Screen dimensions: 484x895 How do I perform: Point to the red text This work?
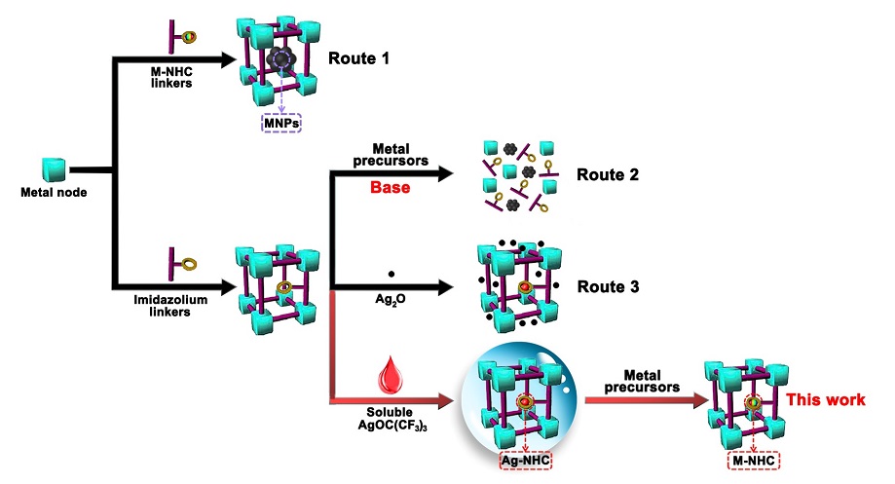tap(826, 400)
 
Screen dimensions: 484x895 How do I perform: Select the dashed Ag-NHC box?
tap(526, 459)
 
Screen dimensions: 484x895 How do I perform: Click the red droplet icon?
tap(391, 377)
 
